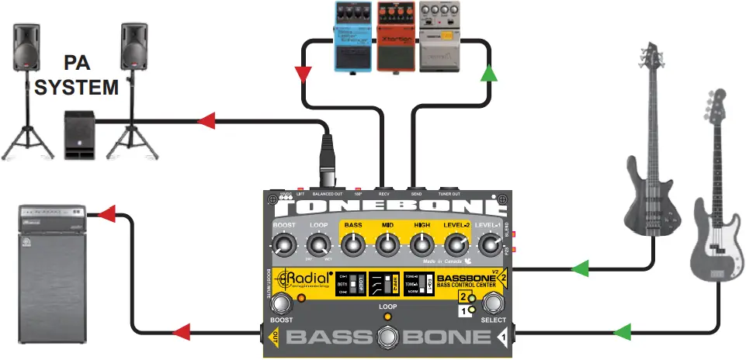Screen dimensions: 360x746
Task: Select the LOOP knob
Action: click(x=318, y=246)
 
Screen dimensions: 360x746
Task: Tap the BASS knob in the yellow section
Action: click(x=353, y=246)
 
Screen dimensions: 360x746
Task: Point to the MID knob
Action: click(x=387, y=246)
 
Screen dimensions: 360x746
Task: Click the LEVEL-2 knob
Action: click(x=456, y=246)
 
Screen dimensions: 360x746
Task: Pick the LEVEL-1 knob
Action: click(x=489, y=246)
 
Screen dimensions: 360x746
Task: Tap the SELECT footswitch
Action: click(x=494, y=303)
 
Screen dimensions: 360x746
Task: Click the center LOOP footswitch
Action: click(x=388, y=337)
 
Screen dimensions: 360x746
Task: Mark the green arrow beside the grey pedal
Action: click(x=488, y=74)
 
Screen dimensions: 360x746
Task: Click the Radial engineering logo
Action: click(x=305, y=281)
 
